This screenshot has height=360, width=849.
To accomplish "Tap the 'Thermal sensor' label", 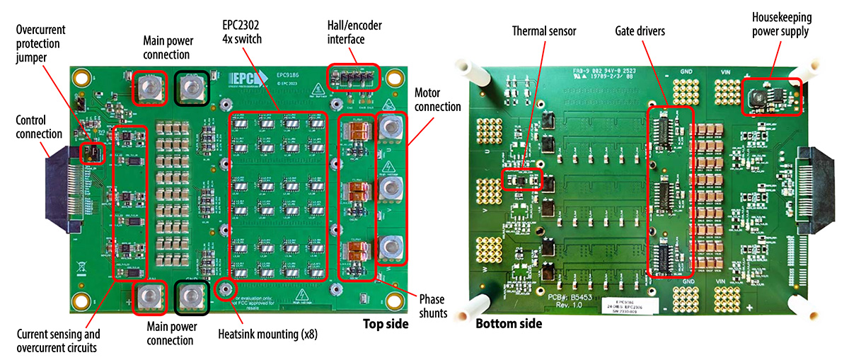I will coord(544,31).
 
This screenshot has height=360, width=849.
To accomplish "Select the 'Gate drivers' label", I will coord(639,31).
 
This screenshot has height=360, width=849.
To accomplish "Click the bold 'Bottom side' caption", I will coord(509,324).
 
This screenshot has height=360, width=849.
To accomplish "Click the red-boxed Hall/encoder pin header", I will coord(353,76).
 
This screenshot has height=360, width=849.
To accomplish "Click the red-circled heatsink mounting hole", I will coord(226,288).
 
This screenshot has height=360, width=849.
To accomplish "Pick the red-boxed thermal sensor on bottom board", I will coord(521,180).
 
